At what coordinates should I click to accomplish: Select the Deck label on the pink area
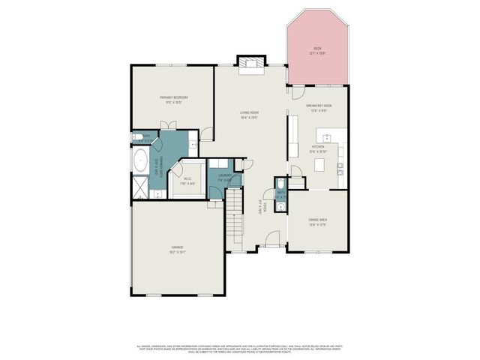pyautogui.click(x=318, y=51)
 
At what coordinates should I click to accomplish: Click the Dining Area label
pyautogui.click(x=318, y=222)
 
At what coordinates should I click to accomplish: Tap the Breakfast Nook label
pyautogui.click(x=319, y=108)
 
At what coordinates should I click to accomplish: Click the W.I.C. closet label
pyautogui.click(x=188, y=180)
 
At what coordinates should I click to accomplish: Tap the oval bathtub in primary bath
pyautogui.click(x=139, y=160)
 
